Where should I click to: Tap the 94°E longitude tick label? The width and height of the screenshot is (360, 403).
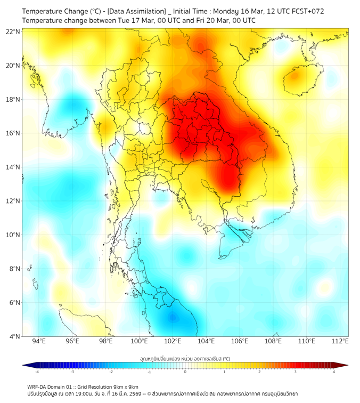(x=39, y=342)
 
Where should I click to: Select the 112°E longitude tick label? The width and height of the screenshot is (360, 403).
(x=340, y=342)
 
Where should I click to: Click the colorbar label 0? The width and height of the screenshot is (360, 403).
(x=185, y=372)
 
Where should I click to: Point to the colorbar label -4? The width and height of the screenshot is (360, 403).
(x=36, y=372)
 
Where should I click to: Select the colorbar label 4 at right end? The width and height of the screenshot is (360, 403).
(x=334, y=372)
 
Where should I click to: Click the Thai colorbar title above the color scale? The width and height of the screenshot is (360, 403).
(x=185, y=359)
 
